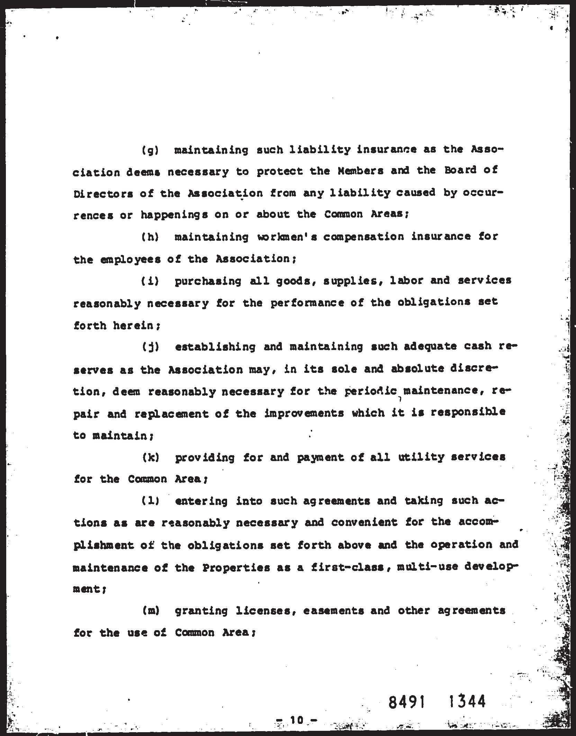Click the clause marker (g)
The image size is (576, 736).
pos(150,150)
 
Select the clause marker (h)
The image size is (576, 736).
pos(150,237)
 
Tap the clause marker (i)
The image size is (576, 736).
pos(150,281)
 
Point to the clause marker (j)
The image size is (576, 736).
pos(150,347)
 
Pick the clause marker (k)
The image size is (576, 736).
pos(150,457)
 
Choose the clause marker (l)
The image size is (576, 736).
pos(150,501)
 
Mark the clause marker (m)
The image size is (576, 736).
pos(150,611)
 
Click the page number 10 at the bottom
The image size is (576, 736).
pos(297,720)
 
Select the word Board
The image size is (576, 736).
pos(456,171)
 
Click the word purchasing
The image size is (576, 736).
pos(208,281)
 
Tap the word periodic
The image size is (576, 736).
pos(371,391)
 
